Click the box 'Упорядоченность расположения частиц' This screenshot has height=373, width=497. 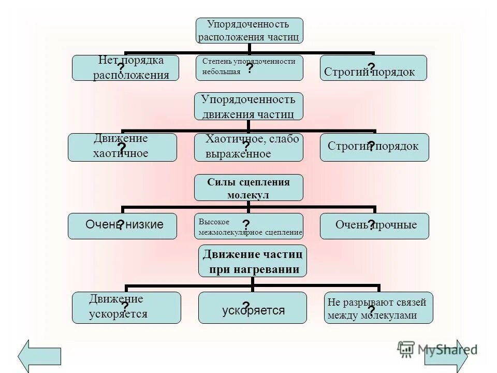click(248, 31)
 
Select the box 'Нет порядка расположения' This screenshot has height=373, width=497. click(125, 68)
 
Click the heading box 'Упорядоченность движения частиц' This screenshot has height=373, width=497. click(248, 107)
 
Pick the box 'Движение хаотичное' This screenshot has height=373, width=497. click(122, 147)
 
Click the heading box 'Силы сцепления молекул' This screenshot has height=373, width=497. click(248, 188)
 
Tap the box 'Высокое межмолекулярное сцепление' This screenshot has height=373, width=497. click(249, 226)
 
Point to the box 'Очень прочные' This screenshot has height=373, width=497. click(374, 226)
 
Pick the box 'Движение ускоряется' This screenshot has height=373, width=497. click(126, 308)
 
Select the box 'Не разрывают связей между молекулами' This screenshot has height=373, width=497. click(378, 308)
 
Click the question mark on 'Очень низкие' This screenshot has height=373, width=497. click(120, 225)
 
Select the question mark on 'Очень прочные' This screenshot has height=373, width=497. click(371, 224)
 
